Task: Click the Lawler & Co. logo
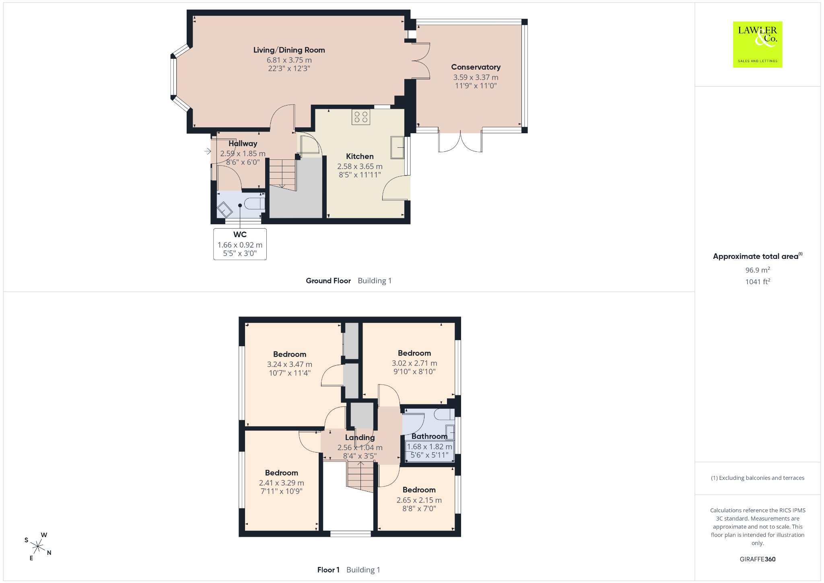tap(757, 44)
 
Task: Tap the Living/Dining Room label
tap(289, 50)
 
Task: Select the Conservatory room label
tap(476, 67)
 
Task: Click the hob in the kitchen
tap(360, 117)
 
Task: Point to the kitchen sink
tap(398, 147)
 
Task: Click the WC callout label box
tap(240, 244)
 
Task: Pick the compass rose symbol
tap(38, 546)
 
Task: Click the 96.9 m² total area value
tap(757, 270)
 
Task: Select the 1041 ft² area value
tap(757, 281)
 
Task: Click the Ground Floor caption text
tap(328, 281)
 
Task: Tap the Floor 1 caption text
tap(328, 570)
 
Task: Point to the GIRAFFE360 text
tap(758, 559)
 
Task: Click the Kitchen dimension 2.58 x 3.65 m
tap(360, 166)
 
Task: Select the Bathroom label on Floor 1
tap(429, 436)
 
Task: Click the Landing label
tap(360, 437)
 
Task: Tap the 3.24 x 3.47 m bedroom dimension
tap(290, 364)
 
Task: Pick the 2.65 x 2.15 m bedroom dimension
tap(419, 500)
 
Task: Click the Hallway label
tap(243, 143)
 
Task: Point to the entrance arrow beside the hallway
tap(208, 151)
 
